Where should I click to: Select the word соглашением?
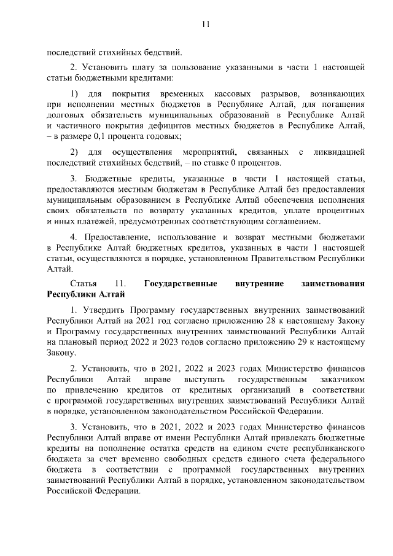coord(294,221)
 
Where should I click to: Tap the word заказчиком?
coord(341,380)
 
